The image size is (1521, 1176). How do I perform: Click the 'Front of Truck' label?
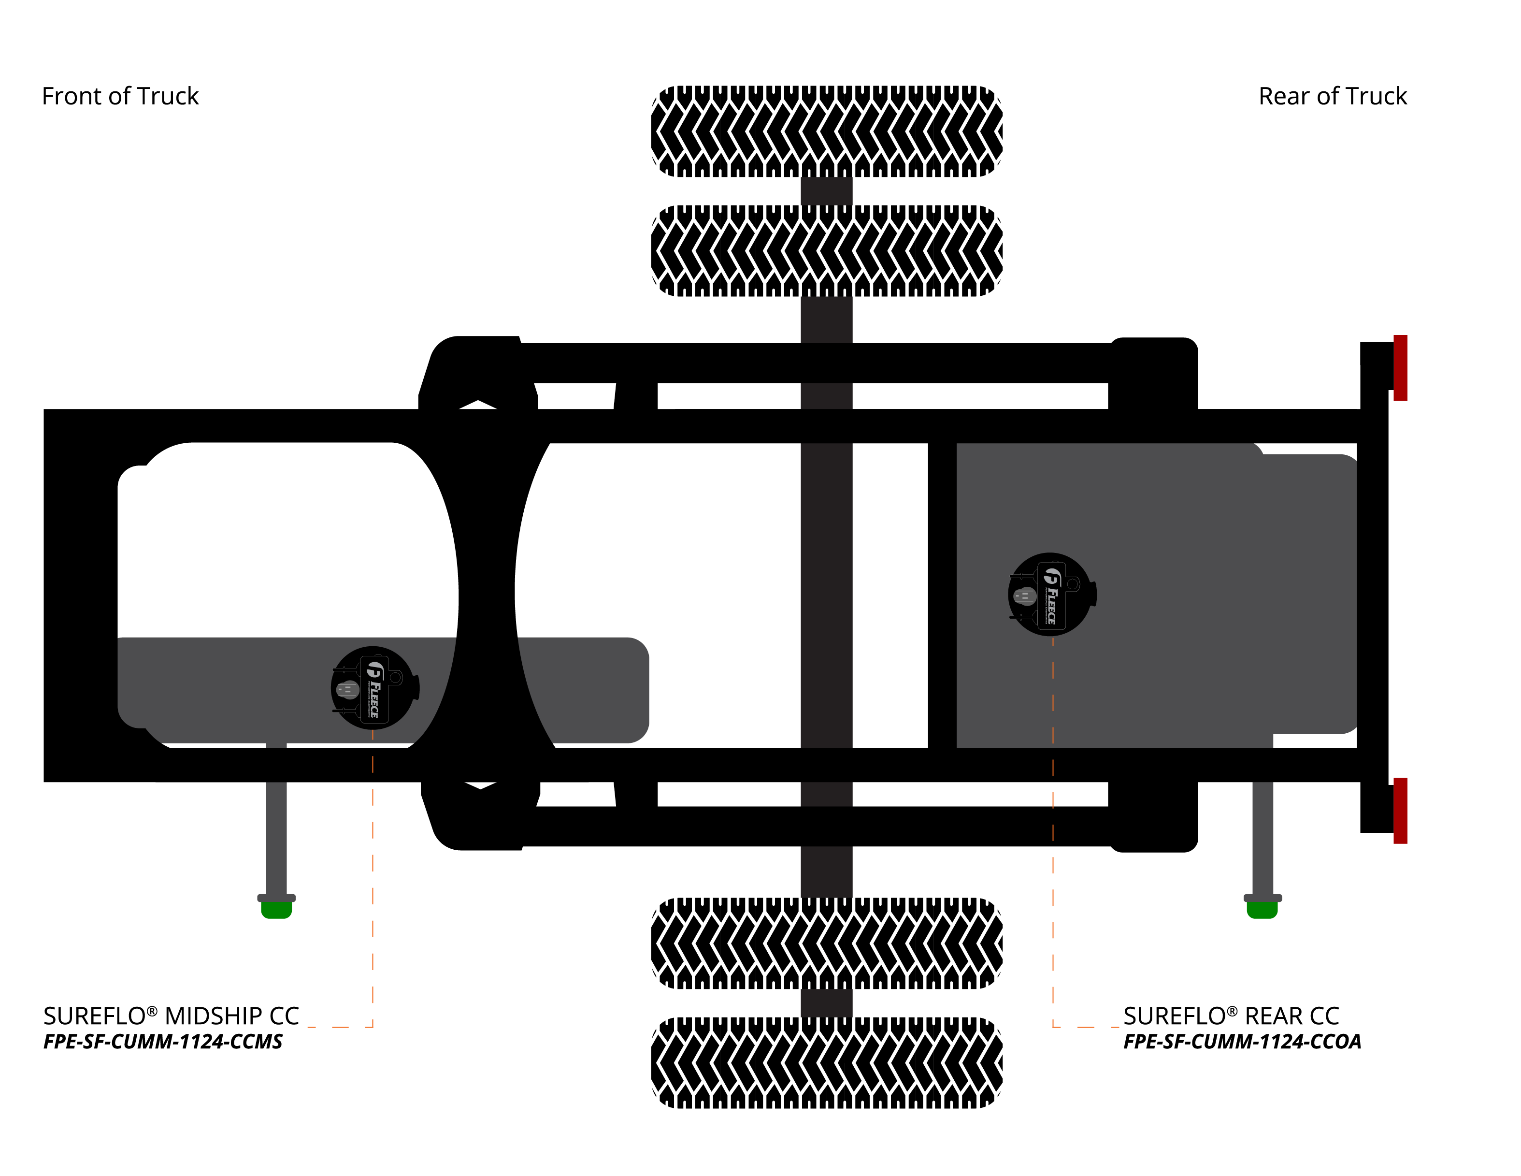click(120, 96)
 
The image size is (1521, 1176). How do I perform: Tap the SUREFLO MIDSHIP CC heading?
click(171, 1016)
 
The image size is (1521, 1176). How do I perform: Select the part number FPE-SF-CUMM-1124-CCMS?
click(163, 1042)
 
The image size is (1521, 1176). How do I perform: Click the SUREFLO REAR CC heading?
click(1231, 1016)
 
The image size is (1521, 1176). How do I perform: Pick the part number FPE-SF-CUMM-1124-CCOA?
click(1242, 1042)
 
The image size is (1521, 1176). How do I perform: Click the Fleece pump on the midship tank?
click(374, 688)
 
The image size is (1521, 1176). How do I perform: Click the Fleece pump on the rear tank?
click(1052, 594)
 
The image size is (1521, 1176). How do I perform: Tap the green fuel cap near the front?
click(276, 909)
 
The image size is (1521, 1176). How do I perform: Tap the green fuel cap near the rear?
click(1262, 909)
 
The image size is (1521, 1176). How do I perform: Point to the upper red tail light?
click(1401, 368)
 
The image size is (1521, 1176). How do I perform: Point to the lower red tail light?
click(1401, 810)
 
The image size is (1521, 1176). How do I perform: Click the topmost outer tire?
click(827, 131)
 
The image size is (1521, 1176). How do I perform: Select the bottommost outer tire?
click(827, 1062)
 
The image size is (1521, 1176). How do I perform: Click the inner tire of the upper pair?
click(827, 251)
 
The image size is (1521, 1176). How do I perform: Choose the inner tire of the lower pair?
click(827, 944)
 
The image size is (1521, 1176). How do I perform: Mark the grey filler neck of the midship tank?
click(276, 822)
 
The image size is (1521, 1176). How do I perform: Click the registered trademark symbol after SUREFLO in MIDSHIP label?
click(152, 1010)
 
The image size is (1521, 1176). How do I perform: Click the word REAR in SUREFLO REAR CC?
click(1272, 1016)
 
